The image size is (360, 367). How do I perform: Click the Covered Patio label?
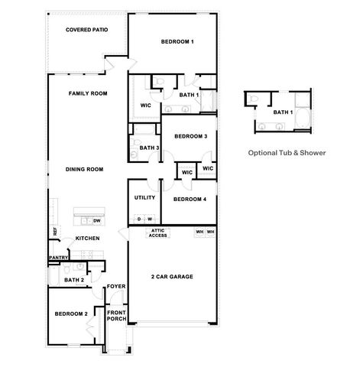pos(86,30)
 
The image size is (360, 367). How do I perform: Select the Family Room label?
pos(87,93)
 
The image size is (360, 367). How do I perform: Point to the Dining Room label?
pos(84,169)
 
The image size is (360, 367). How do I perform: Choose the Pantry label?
pos(59,258)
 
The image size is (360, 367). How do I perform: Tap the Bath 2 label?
pos(73,280)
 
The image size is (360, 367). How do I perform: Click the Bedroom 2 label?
pos(71,313)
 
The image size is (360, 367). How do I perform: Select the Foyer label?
pos(116,287)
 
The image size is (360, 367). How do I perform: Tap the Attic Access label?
pos(157,233)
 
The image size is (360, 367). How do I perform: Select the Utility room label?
pos(144,197)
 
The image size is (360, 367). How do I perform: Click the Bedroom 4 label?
pos(190,200)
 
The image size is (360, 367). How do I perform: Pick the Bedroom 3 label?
pos(190,136)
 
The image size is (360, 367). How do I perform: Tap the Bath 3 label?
pos(149,147)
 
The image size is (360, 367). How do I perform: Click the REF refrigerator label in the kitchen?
pos(54,230)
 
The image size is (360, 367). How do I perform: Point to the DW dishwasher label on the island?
pos(96,220)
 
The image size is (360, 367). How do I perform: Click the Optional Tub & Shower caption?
pos(287,152)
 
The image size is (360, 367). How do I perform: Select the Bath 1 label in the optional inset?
pos(284,112)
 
